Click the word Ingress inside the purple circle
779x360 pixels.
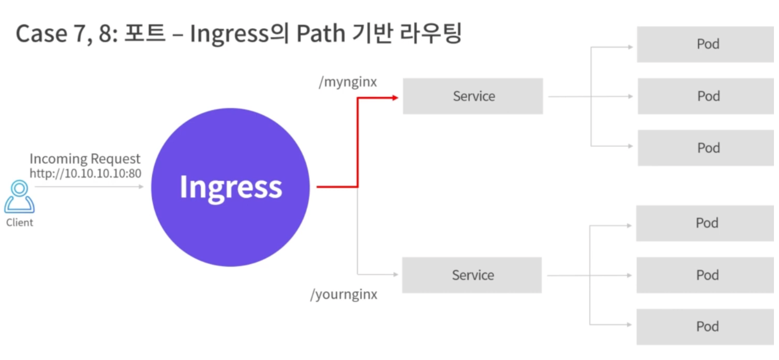(x=231, y=188)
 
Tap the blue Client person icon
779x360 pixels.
(x=19, y=197)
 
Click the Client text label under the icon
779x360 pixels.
(x=19, y=222)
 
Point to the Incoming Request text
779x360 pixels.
(x=85, y=159)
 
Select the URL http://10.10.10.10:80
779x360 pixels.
(x=85, y=173)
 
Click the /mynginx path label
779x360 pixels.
(x=348, y=82)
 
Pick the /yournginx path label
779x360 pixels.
(x=344, y=294)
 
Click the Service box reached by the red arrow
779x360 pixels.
(x=473, y=96)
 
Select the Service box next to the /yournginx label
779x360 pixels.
(x=472, y=275)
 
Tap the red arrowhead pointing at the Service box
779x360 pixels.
(x=395, y=98)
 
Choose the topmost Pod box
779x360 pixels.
(x=705, y=44)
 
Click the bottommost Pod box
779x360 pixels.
(x=705, y=327)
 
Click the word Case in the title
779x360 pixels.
(x=41, y=34)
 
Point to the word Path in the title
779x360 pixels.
(x=321, y=34)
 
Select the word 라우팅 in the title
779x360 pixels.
(x=431, y=34)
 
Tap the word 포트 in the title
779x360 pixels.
(x=145, y=34)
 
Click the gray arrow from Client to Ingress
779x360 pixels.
(x=88, y=187)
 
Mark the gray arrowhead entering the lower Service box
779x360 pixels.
(x=395, y=275)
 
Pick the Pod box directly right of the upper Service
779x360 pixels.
(x=706, y=96)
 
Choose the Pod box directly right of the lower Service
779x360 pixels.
(x=705, y=275)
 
